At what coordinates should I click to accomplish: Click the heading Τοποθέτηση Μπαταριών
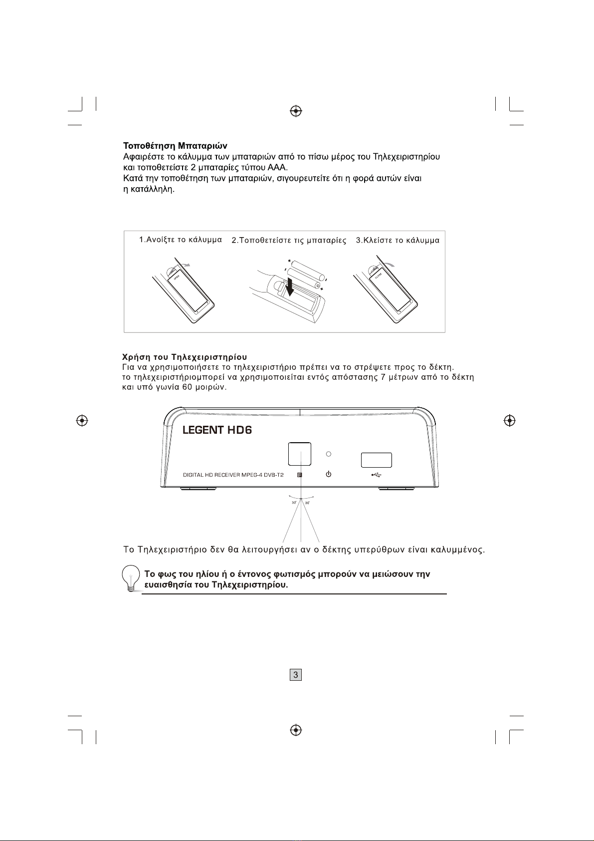pyautogui.click(x=175, y=146)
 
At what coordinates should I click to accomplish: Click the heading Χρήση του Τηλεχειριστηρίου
pyautogui.click(x=185, y=357)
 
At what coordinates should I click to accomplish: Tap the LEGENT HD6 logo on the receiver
pyautogui.click(x=217, y=430)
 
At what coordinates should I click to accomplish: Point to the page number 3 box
pyautogui.click(x=296, y=675)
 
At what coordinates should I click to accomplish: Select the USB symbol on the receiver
pyautogui.click(x=377, y=475)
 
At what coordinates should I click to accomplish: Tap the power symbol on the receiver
pyautogui.click(x=328, y=474)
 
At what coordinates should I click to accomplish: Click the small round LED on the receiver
pyautogui.click(x=328, y=454)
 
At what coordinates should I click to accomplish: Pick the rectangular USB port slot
pyautogui.click(x=376, y=460)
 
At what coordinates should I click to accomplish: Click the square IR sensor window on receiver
pyautogui.click(x=299, y=454)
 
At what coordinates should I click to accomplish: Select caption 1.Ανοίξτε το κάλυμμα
pyautogui.click(x=180, y=240)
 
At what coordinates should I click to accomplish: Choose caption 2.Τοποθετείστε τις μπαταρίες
pyautogui.click(x=289, y=241)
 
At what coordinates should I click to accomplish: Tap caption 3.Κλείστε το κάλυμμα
pyautogui.click(x=397, y=241)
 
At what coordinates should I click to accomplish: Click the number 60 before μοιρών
pyautogui.click(x=174, y=388)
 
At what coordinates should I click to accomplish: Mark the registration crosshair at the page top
pyautogui.click(x=296, y=110)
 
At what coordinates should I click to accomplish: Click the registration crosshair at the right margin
pyautogui.click(x=509, y=421)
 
